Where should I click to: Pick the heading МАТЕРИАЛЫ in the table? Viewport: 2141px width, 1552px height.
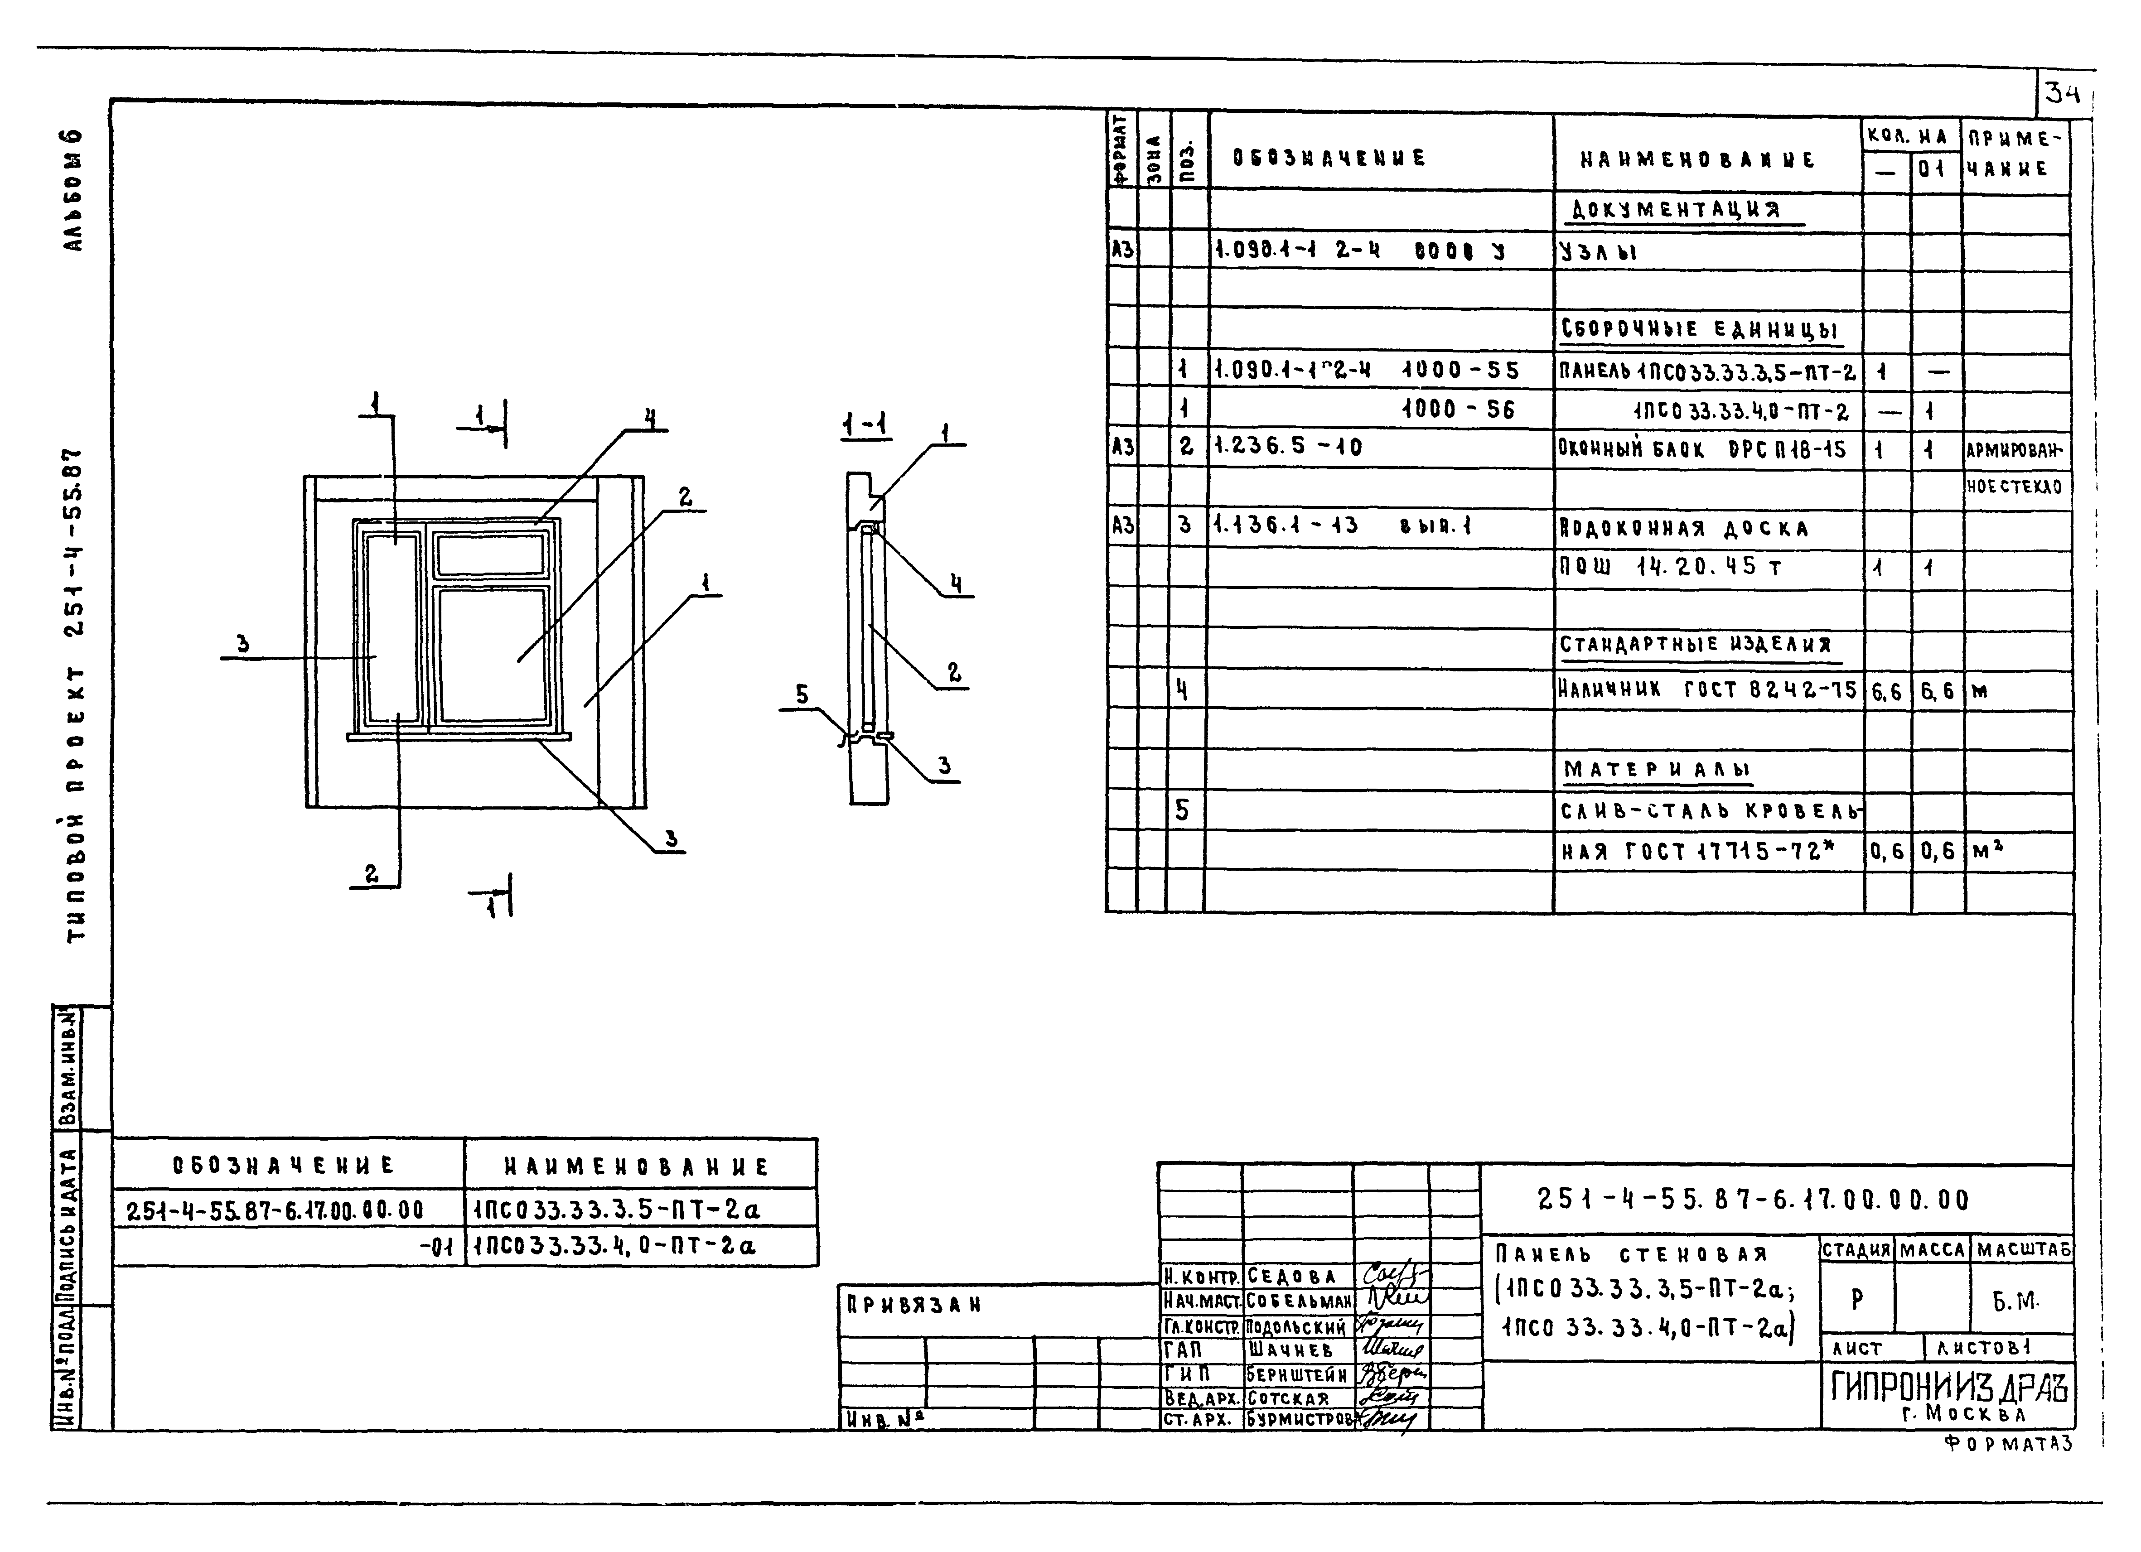click(x=1657, y=769)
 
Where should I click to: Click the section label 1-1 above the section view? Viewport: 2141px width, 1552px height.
click(x=865, y=426)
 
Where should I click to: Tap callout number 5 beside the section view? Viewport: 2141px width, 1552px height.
click(x=802, y=695)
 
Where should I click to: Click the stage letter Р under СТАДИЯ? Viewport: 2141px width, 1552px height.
click(x=1856, y=1300)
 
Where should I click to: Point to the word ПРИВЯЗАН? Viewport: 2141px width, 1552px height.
click(x=914, y=1306)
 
